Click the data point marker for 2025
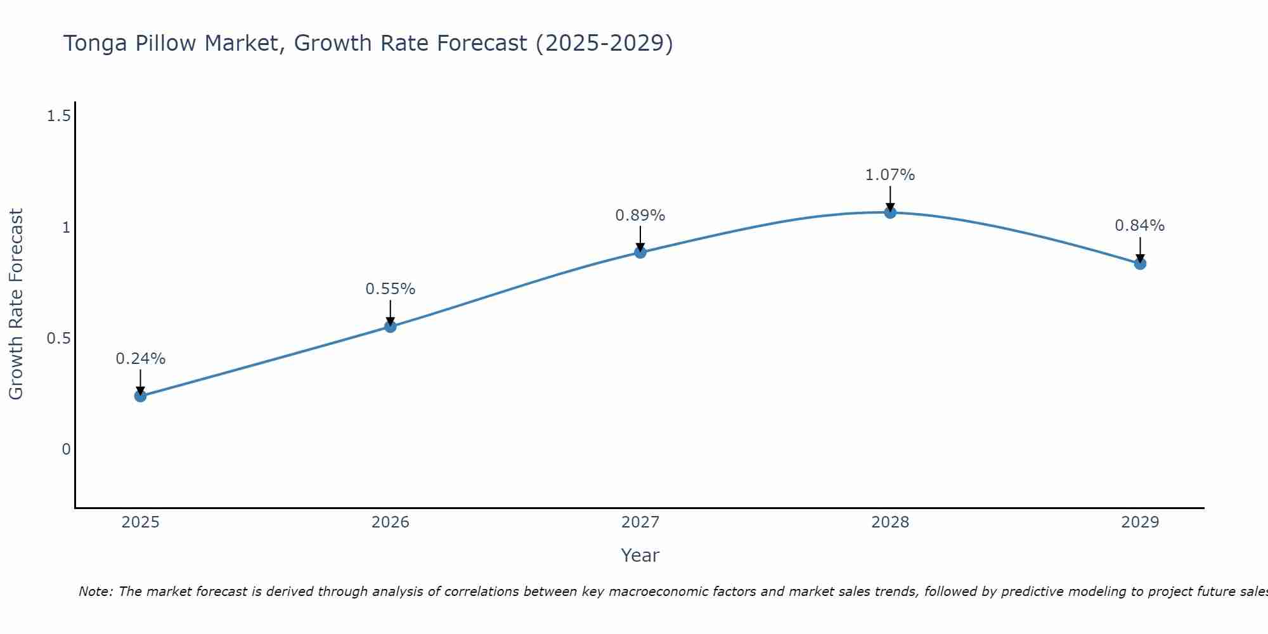[x=140, y=396]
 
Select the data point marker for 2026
[x=391, y=327]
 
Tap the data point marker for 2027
[x=640, y=252]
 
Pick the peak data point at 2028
[x=890, y=212]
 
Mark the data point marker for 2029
[x=1140, y=264]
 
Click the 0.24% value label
[x=140, y=359]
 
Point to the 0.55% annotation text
[x=391, y=289]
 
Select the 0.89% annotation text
[x=640, y=216]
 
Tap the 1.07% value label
[x=890, y=175]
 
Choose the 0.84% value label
[x=1140, y=226]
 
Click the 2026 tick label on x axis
[x=391, y=522]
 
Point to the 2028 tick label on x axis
[x=890, y=522]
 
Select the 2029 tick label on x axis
[x=1140, y=522]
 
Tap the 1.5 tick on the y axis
[x=58, y=116]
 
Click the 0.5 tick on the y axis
[x=58, y=339]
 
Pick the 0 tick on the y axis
[x=66, y=450]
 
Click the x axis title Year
[x=640, y=555]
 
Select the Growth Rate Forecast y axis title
[x=16, y=304]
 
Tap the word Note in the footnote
[x=95, y=592]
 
